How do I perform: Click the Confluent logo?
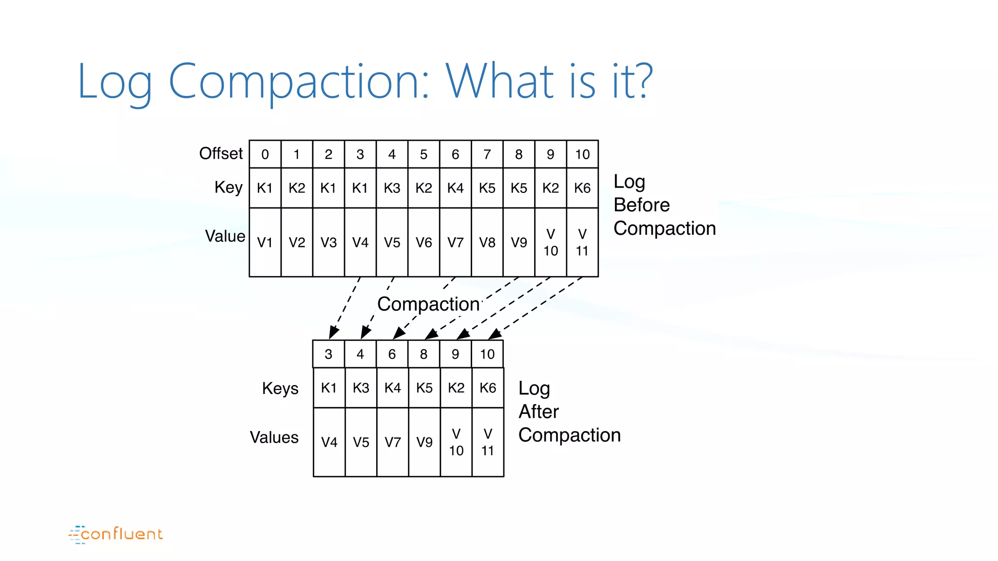(x=116, y=534)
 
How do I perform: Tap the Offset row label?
(x=221, y=153)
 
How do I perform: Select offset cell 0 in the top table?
(x=265, y=154)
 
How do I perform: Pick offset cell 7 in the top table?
(x=487, y=154)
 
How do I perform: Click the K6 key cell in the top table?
(x=582, y=188)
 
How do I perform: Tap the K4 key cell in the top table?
(x=455, y=188)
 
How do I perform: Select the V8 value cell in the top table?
(x=487, y=242)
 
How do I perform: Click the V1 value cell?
(x=265, y=242)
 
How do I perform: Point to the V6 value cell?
(x=423, y=242)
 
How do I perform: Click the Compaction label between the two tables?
(x=428, y=304)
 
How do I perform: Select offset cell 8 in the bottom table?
(x=423, y=354)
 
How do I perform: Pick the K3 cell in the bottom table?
(x=361, y=388)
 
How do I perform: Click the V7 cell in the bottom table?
(x=392, y=442)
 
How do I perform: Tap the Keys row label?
(x=280, y=388)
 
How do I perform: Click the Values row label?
(x=274, y=437)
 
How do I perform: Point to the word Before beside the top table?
(x=641, y=205)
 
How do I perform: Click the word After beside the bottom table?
(x=538, y=411)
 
